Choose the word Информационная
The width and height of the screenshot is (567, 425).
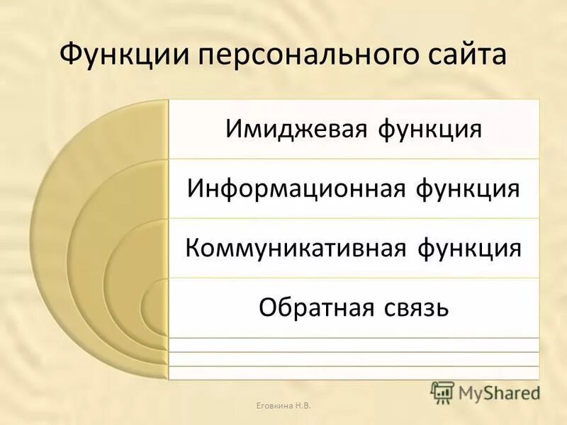pos(296,189)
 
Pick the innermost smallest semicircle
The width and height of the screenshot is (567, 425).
pos(157,307)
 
